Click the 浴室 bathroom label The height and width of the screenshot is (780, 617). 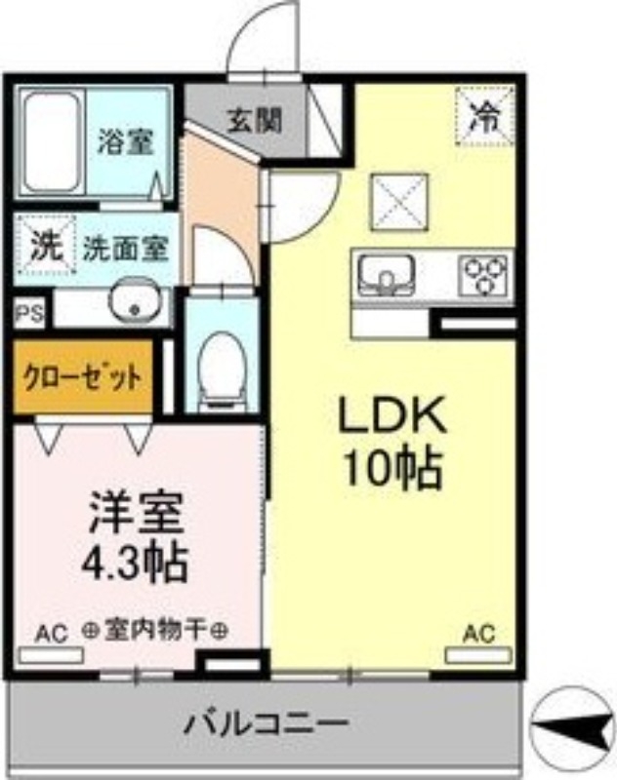click(x=125, y=142)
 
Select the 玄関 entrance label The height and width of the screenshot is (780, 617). click(x=255, y=120)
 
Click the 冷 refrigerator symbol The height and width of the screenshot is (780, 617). click(x=482, y=117)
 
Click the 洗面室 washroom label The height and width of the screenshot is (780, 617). click(x=125, y=248)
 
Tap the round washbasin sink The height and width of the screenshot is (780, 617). click(x=130, y=304)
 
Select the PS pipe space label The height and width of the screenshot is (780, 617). click(x=26, y=313)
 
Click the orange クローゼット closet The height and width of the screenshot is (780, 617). click(x=83, y=375)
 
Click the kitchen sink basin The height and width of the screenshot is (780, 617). click(x=388, y=275)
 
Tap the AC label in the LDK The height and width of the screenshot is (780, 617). click(x=478, y=633)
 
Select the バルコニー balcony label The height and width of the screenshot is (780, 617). click(x=266, y=725)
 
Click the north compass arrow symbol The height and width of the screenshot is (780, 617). click(x=576, y=723)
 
